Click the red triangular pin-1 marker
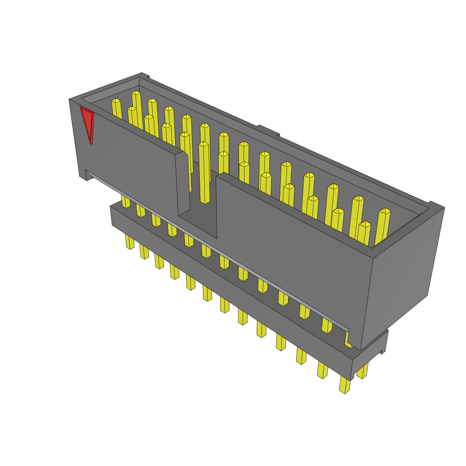pos(87,122)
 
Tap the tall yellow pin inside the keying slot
pos(204,173)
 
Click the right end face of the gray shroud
pos(400,273)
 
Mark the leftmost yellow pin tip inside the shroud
pos(117,109)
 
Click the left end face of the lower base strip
pos(112,215)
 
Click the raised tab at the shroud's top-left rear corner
pos(144,75)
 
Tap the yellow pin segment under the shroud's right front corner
pos(348,340)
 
